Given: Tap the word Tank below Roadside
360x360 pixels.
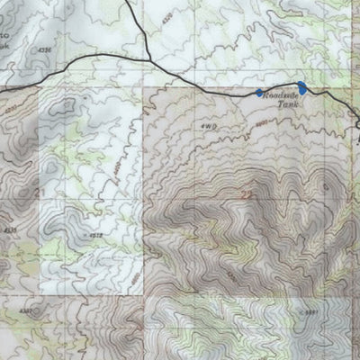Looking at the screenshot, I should click(285, 105).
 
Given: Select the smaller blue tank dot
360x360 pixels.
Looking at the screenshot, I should click(259, 93).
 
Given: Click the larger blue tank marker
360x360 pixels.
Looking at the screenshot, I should click(302, 87).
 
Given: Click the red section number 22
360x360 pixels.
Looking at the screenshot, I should click(247, 193).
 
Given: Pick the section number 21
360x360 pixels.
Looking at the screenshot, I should click(39, 193).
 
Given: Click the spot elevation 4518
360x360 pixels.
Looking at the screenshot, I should click(94, 236).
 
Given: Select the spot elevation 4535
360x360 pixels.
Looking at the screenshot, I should click(11, 231).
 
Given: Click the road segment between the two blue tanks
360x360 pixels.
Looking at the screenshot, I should click(281, 90).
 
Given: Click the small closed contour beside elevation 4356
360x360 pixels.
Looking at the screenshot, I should click(63, 108).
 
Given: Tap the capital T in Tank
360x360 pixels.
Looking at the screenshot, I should click(278, 105).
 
